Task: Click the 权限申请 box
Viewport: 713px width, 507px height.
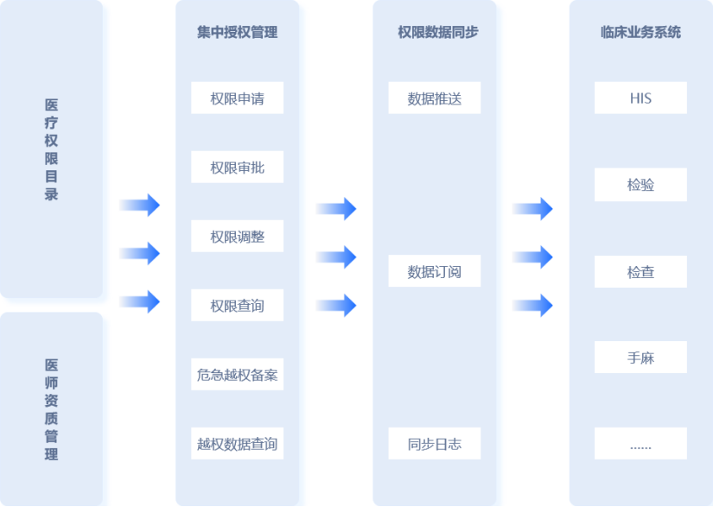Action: (237, 98)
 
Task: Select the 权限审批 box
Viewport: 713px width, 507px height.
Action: (237, 168)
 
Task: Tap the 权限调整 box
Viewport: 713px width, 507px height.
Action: (237, 237)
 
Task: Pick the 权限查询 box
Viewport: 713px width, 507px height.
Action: (237, 306)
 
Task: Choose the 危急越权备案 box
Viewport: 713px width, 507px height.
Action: (237, 375)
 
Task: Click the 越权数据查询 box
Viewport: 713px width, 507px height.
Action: (237, 444)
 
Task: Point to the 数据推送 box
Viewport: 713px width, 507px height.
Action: (434, 98)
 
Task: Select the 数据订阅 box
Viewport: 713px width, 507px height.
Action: (434, 272)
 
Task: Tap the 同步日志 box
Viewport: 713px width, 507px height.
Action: (434, 444)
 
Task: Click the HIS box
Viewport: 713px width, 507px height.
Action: (640, 98)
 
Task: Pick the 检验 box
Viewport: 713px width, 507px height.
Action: (640, 185)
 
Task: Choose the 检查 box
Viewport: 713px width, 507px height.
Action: (640, 272)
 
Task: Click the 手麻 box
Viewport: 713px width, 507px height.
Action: (640, 358)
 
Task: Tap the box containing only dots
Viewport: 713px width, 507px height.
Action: (640, 444)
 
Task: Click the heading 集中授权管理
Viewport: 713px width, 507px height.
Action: (237, 33)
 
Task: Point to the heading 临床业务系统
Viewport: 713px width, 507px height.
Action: (640, 33)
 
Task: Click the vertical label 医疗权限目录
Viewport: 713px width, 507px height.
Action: (52, 149)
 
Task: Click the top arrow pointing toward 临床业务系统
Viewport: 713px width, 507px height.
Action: (532, 209)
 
